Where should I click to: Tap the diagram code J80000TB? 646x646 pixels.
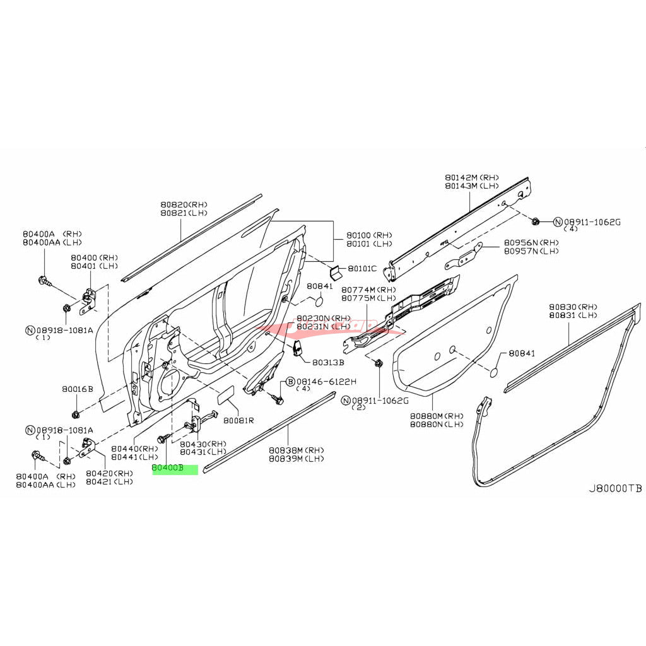615,489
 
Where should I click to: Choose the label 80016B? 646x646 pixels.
77,389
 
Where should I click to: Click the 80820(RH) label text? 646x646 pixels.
184,205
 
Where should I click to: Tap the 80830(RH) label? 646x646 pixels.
573,306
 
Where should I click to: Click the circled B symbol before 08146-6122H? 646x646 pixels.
290,382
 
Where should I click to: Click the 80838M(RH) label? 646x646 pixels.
297,450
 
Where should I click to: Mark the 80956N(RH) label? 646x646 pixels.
531,243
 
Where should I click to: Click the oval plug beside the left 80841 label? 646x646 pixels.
319,303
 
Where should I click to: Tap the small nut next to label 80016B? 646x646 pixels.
76,414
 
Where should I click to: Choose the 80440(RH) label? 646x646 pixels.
134,449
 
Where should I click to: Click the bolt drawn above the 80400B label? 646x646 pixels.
162,438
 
